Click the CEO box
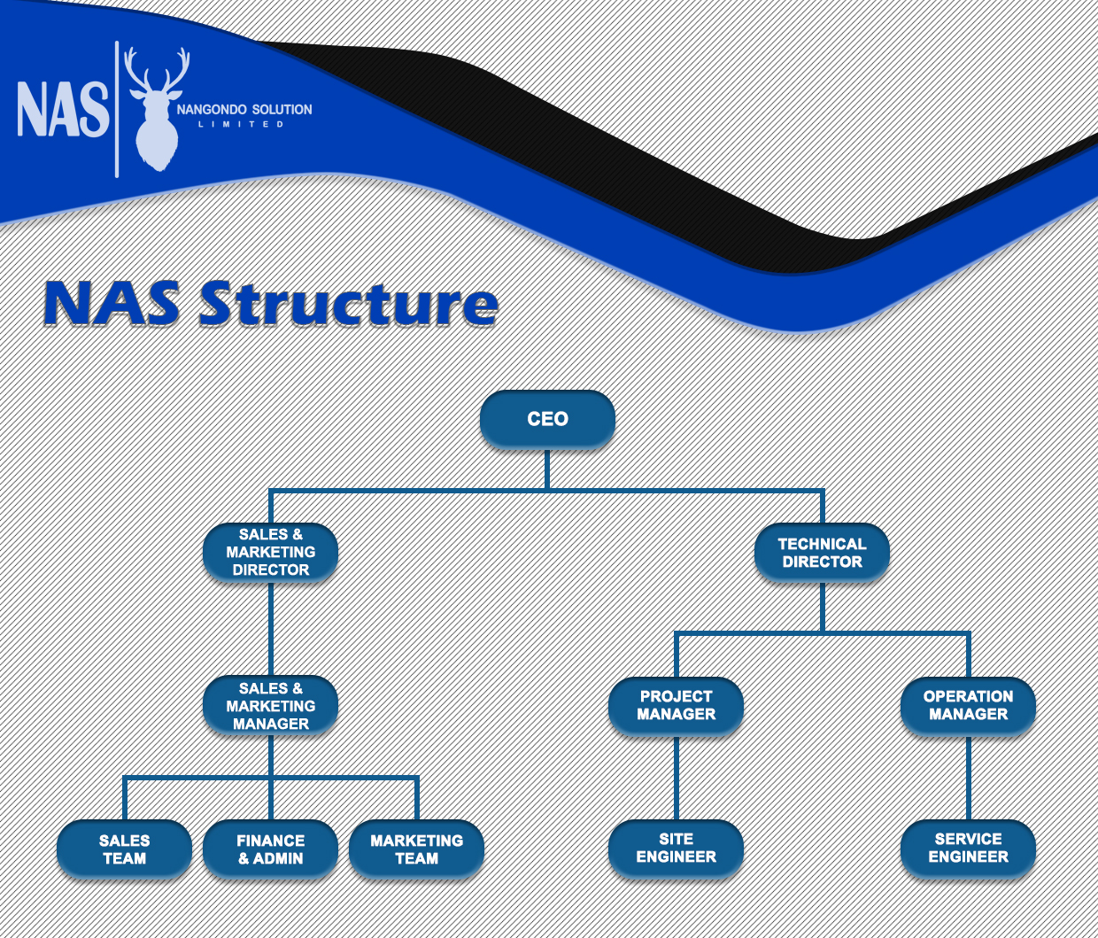pyautogui.click(x=547, y=419)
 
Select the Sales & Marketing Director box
pyautogui.click(x=270, y=552)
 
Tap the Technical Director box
pyautogui.click(x=822, y=553)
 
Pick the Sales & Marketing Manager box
pyautogui.click(x=270, y=706)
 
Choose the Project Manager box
pyautogui.click(x=676, y=706)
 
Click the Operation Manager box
pyautogui.click(x=968, y=706)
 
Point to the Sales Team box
pyautogui.click(x=124, y=849)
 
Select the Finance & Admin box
pyautogui.click(x=270, y=849)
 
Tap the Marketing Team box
pyautogui.click(x=416, y=849)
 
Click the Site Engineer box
pyautogui.click(x=676, y=848)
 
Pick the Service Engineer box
pyautogui.click(x=968, y=848)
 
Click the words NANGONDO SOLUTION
pyautogui.click(x=244, y=110)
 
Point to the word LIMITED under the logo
pyautogui.click(x=241, y=125)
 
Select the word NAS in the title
pyautogui.click(x=110, y=304)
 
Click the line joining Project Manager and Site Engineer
pyautogui.click(x=676, y=778)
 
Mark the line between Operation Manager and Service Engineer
pyautogui.click(x=968, y=778)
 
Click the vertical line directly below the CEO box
pyautogui.click(x=547, y=469)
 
